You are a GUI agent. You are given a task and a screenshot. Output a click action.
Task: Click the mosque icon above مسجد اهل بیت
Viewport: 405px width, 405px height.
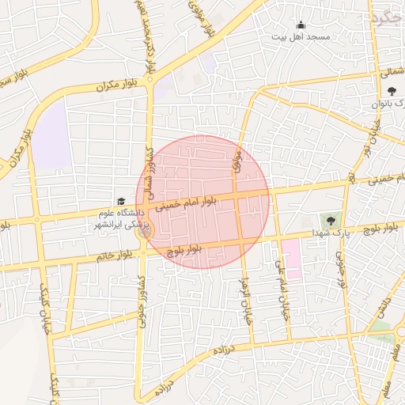pos(301,25)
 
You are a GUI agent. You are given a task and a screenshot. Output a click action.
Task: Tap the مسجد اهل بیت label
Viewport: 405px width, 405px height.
pos(301,36)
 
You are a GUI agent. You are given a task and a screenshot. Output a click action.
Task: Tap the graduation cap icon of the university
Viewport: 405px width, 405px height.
pos(121,202)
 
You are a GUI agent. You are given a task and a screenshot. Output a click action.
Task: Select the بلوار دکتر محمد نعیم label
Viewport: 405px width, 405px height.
pos(147,36)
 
